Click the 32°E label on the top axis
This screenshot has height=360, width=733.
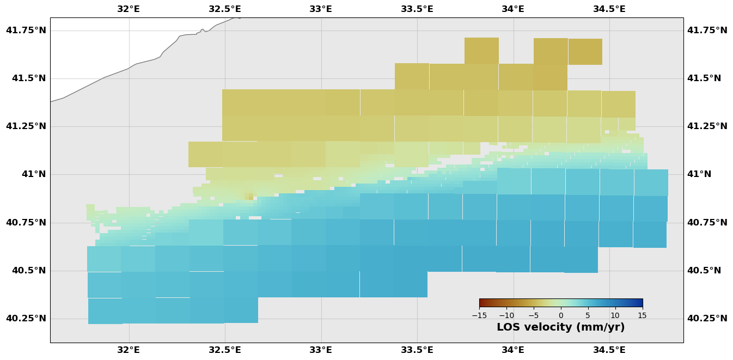[129, 9]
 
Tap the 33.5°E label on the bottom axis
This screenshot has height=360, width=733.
[417, 350]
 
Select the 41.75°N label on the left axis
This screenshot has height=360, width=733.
[26, 30]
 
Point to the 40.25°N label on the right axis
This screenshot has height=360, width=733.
[707, 318]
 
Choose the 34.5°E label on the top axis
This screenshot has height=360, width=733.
[609, 9]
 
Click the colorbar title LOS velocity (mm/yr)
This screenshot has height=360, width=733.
[560, 327]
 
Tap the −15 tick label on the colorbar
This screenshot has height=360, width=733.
[479, 315]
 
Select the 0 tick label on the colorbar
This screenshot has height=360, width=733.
[561, 315]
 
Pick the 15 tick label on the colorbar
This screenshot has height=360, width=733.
[642, 315]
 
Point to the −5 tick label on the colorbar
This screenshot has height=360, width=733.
[534, 315]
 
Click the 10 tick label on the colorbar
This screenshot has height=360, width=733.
[615, 315]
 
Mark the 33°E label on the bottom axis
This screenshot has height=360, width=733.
[321, 350]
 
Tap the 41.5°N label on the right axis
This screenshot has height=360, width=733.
[704, 78]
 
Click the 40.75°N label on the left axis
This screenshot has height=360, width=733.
[26, 222]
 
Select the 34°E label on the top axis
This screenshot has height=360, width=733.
[513, 9]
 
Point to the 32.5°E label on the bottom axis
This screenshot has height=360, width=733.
[225, 350]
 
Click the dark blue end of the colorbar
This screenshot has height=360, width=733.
[640, 303]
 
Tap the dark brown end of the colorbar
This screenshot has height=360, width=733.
[481, 303]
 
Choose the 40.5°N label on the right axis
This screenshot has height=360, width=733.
[704, 270]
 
